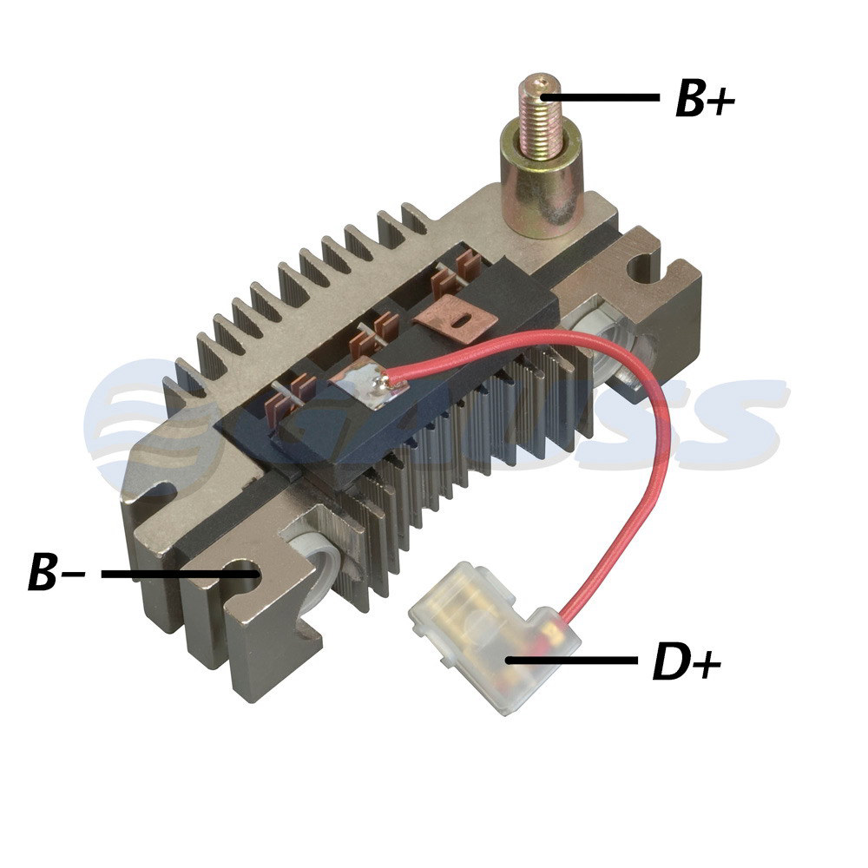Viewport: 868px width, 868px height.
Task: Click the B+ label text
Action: point(705,99)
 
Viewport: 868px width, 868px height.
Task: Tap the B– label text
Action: point(56,571)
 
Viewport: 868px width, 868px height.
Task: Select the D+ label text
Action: point(687,662)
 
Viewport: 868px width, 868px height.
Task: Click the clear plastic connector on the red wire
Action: point(494,636)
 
